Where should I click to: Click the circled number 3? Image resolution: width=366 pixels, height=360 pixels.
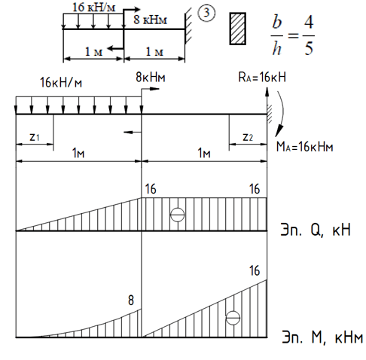click(206, 13)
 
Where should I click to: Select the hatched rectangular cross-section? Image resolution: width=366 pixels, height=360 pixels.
click(237, 29)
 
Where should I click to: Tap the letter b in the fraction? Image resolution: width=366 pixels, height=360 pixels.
click(277, 22)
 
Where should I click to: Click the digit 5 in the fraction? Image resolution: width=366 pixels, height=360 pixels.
click(309, 47)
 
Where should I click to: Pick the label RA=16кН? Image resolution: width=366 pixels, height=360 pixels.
click(262, 77)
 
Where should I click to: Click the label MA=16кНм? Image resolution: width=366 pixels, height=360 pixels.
click(304, 146)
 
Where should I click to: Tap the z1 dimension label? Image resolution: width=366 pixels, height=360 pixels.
click(35, 137)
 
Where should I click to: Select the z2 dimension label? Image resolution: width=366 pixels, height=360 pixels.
click(248, 137)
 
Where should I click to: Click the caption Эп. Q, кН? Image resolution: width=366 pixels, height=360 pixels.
click(316, 229)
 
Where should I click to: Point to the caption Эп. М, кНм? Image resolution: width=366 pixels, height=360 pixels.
click(322, 337)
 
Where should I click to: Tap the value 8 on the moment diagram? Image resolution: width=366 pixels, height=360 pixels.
click(131, 301)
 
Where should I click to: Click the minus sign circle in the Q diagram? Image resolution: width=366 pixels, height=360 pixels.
click(177, 215)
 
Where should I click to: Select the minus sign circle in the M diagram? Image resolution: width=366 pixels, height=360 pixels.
click(233, 318)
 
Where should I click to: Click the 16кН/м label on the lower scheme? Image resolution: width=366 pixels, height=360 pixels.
click(61, 82)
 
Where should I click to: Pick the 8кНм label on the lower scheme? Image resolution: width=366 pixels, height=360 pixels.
click(151, 77)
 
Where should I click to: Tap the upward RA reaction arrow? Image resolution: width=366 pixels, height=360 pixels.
click(267, 100)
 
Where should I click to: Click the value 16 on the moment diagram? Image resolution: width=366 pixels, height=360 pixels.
click(255, 270)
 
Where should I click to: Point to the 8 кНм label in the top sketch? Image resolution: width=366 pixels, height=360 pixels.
click(150, 20)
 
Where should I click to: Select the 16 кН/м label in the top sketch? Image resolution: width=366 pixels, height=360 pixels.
click(93, 7)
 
